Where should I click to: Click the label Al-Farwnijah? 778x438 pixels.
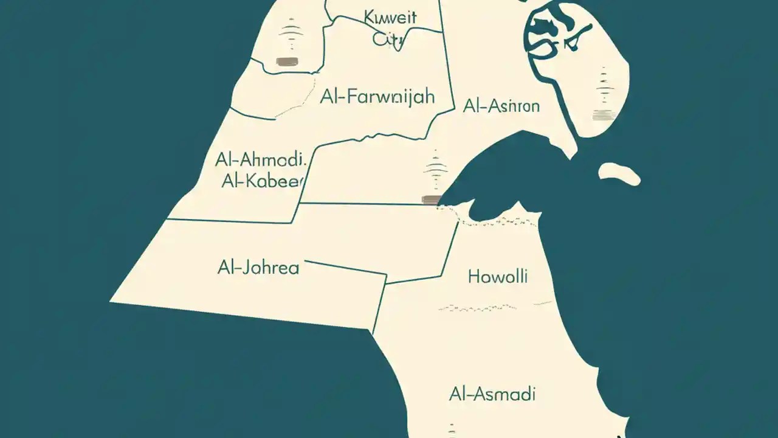click(x=377, y=97)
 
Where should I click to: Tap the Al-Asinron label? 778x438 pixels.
click(x=501, y=106)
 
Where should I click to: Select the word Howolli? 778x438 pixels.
click(x=498, y=277)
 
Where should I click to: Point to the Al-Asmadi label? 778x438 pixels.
click(x=492, y=394)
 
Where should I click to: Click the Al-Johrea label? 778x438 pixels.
click(x=258, y=267)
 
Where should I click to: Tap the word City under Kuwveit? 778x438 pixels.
click(x=388, y=39)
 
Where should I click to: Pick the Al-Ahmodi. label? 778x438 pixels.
click(x=259, y=161)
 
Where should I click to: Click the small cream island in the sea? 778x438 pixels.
click(x=619, y=173)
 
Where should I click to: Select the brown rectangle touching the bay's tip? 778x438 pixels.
click(x=430, y=199)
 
